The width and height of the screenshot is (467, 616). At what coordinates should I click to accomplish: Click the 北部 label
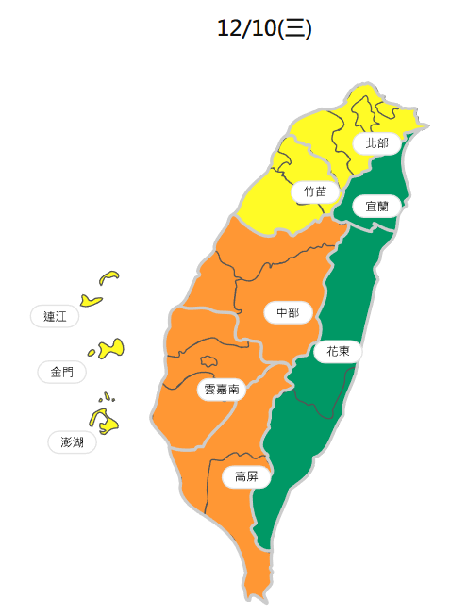pos(376,142)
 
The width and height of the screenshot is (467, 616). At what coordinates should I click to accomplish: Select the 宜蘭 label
pos(376,205)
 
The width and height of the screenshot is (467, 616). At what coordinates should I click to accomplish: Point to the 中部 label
pos(287,312)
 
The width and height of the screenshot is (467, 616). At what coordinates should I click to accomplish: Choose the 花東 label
pos(338,352)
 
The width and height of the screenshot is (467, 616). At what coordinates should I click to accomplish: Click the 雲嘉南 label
pos(221,389)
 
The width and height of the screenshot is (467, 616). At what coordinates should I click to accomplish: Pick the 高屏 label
pos(246,477)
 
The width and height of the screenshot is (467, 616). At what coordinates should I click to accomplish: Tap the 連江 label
pos(55,317)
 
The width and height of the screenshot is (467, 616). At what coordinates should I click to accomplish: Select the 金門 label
pos(62,372)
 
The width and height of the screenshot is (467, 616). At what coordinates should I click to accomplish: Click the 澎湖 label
pos(72,441)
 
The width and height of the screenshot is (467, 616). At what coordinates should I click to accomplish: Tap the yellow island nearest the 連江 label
pos(91,301)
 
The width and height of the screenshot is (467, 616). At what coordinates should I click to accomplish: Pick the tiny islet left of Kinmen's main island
pos(92,354)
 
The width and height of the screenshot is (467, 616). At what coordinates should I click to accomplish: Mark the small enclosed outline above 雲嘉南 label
pos(208,360)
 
